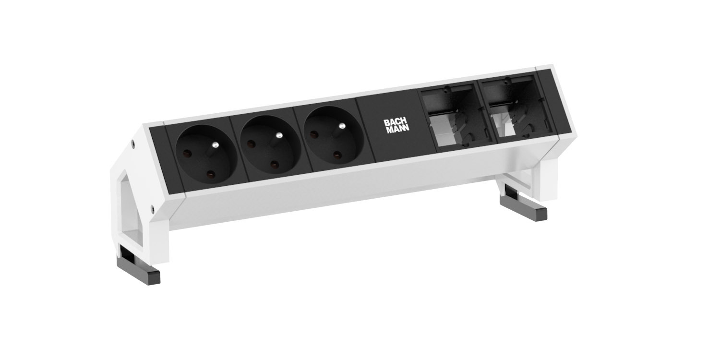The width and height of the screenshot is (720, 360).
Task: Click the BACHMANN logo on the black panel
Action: [396, 126]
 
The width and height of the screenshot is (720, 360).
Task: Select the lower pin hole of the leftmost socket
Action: [211, 175]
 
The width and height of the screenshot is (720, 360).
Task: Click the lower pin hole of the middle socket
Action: [274, 165]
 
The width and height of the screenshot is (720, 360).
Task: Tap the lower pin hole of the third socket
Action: [337, 155]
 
